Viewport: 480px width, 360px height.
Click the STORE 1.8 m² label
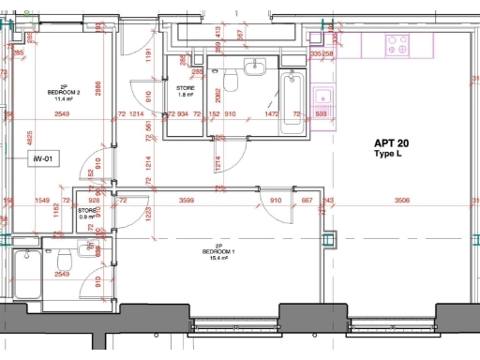[x=186, y=91]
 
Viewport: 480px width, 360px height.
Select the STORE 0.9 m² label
[x=87, y=214]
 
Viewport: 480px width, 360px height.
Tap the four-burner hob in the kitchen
[x=397, y=45]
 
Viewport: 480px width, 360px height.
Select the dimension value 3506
[x=402, y=200]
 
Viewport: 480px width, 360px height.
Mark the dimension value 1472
[x=273, y=114]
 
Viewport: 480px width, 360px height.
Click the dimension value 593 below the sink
[x=322, y=114]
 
